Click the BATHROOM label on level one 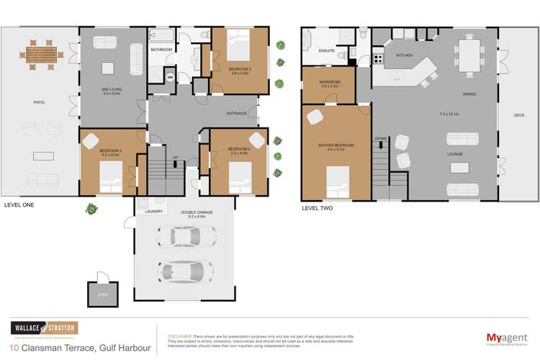pyautogui.click(x=161, y=49)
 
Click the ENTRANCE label pyautogui.click(x=236, y=114)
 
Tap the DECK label pyautogui.click(x=518, y=115)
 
